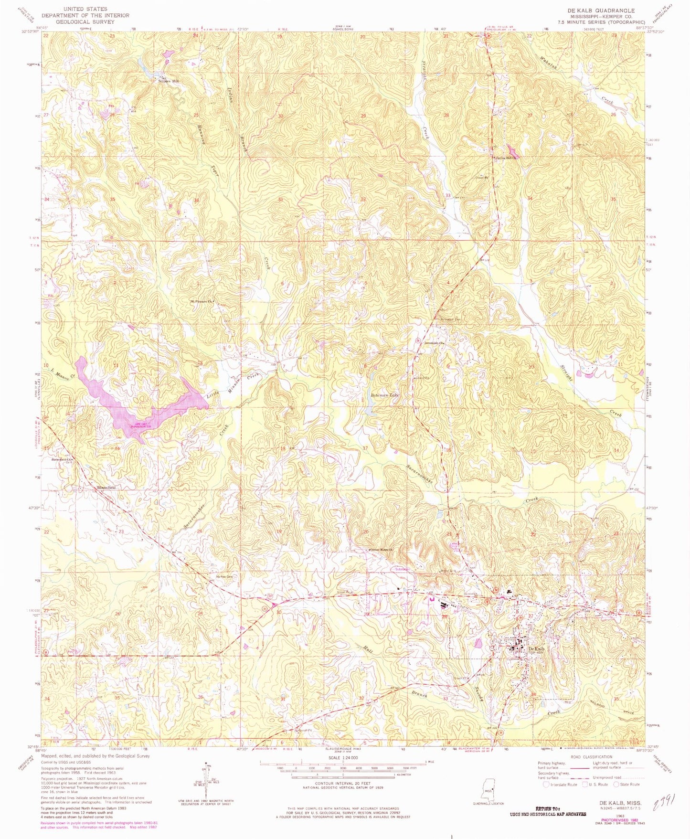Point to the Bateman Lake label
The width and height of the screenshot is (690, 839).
tap(384, 396)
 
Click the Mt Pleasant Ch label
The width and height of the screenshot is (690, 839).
tap(201, 301)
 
